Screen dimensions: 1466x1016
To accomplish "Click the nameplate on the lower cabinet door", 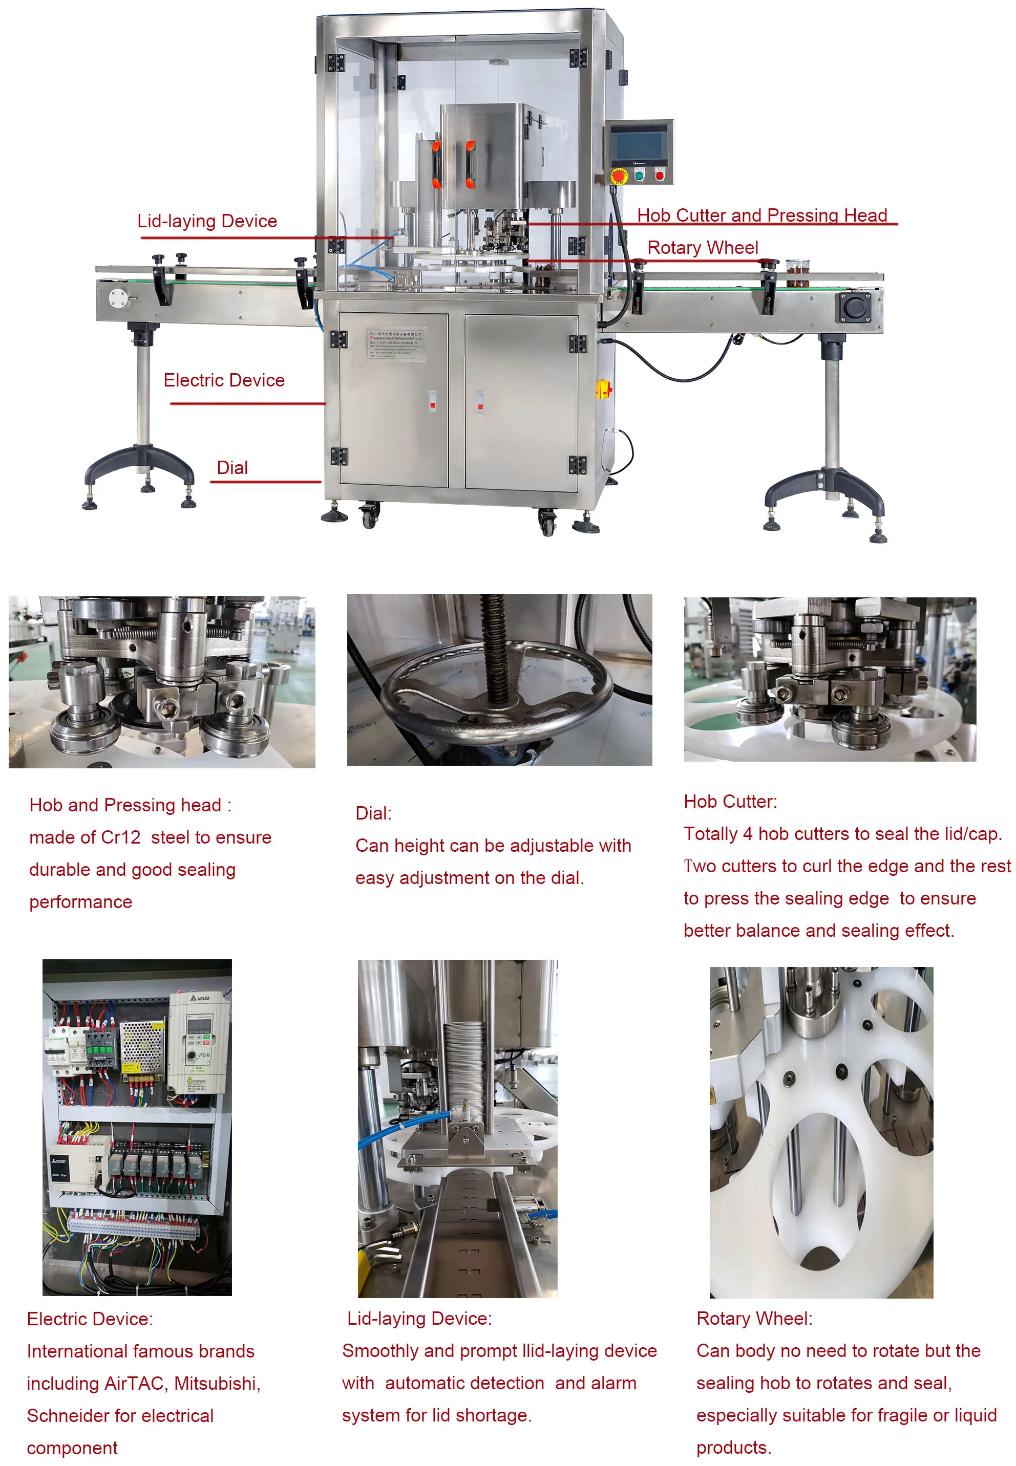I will tap(395, 343).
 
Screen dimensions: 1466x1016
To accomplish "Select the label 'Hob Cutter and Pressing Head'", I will tap(761, 215).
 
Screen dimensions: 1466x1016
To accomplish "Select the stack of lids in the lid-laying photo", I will tap(464, 1069).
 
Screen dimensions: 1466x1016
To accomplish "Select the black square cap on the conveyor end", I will tap(854, 308).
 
